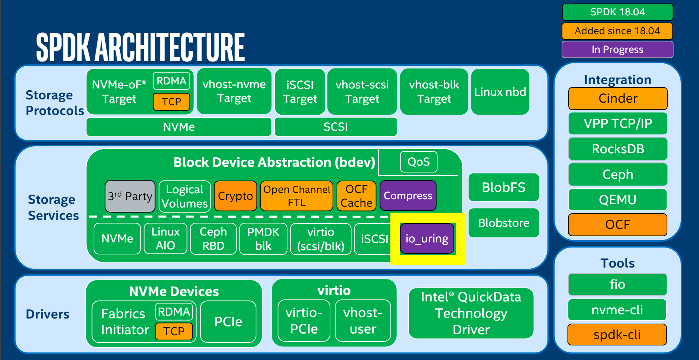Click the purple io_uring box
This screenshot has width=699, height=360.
(427, 239)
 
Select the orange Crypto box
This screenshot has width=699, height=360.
(235, 196)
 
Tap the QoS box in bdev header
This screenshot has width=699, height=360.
(419, 162)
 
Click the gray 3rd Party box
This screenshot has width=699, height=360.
(130, 196)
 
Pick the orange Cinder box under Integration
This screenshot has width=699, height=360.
(618, 98)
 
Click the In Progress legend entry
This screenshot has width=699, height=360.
(617, 49)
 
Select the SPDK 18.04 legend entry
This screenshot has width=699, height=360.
(617, 12)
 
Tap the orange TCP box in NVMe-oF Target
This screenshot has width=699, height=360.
(171, 102)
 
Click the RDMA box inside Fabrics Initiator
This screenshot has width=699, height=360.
(174, 312)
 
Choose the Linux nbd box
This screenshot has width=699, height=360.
(500, 92)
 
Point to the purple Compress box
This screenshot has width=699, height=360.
(408, 196)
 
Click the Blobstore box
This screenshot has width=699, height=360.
(504, 223)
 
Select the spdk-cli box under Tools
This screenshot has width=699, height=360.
(617, 335)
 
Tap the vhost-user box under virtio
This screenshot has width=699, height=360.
(363, 321)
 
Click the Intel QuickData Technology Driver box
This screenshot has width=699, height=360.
(471, 313)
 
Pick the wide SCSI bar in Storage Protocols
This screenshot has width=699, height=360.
(335, 127)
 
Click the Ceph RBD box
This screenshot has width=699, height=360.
(213, 239)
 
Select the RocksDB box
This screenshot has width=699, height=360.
(618, 149)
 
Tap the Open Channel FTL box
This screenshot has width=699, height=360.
(297, 196)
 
